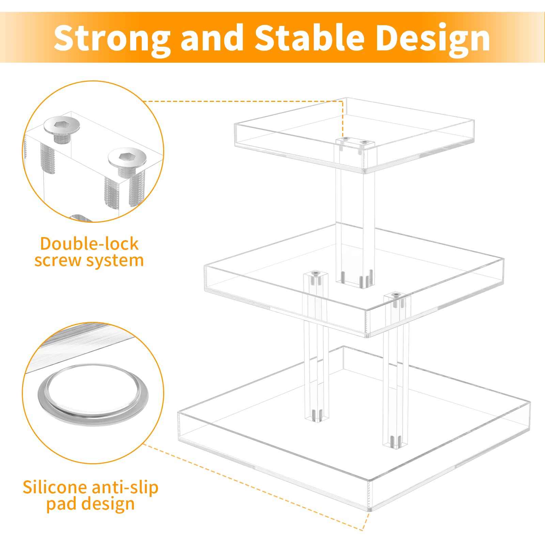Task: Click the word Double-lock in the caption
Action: (89, 244)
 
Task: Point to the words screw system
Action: (89, 261)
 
